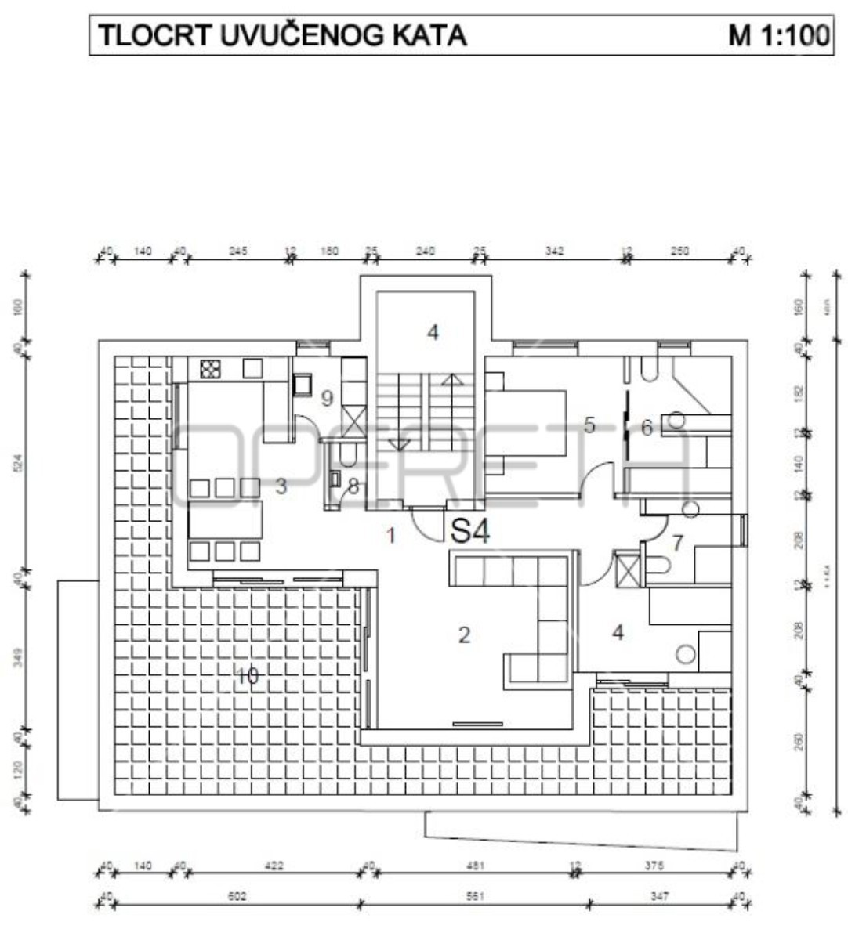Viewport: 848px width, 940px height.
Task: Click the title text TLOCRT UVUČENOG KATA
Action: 281,35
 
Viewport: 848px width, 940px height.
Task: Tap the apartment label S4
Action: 471,533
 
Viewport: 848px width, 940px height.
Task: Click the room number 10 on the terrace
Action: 247,675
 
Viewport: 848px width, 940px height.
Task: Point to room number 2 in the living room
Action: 464,634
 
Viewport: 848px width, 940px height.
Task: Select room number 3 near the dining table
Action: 281,486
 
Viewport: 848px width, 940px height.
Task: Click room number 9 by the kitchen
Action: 327,398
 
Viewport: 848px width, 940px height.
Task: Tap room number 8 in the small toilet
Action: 353,487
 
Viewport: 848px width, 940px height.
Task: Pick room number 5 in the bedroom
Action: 589,425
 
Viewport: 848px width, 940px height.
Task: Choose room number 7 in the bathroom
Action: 678,541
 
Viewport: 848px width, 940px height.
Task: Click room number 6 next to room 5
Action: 647,428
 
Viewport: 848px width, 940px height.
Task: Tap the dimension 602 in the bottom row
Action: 236,896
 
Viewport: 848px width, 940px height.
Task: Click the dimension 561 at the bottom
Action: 475,896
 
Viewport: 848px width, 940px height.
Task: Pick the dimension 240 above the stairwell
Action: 425,251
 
